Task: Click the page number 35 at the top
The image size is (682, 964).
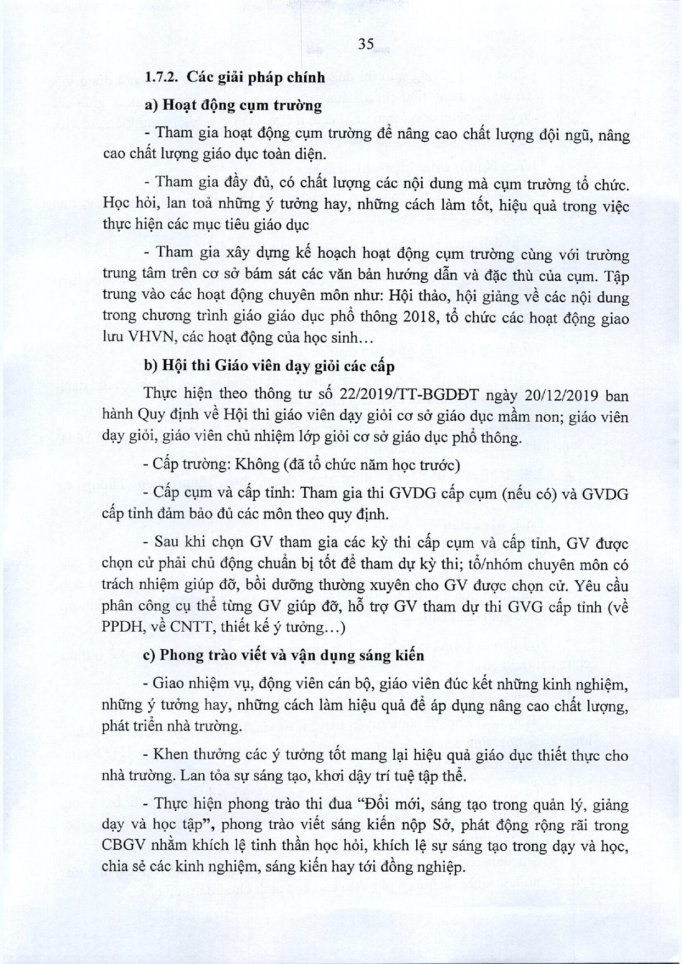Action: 366,44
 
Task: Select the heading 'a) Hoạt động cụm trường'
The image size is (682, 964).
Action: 233,105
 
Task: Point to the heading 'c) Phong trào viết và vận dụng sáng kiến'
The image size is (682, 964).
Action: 284,655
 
